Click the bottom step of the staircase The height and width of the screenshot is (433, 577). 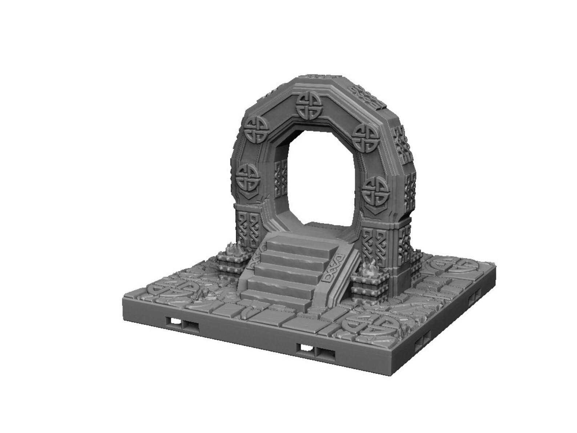(x=278, y=296)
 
